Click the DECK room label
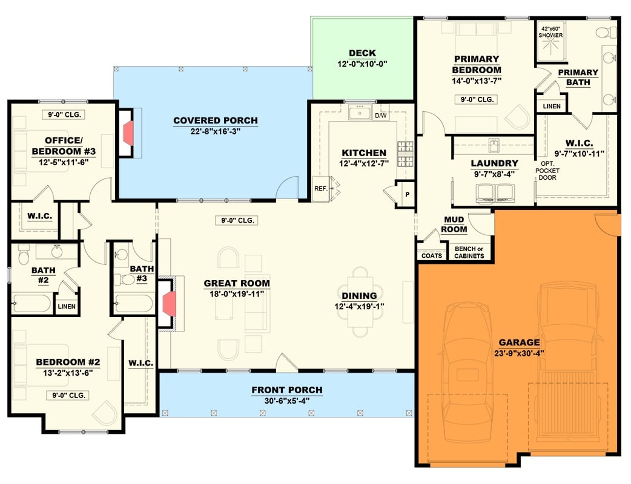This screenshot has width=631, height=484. [x=362, y=53]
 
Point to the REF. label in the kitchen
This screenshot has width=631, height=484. [x=320, y=189]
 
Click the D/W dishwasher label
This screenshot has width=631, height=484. [x=381, y=115]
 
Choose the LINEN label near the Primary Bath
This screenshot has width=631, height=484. [x=552, y=106]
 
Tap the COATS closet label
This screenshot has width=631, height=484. [x=431, y=256]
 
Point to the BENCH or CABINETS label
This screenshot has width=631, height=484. [x=469, y=252]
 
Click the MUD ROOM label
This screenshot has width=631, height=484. [x=455, y=224]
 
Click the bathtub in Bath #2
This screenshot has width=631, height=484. [x=31, y=302]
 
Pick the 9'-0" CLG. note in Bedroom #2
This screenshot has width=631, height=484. [x=68, y=395]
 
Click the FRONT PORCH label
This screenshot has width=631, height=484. [x=286, y=390]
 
